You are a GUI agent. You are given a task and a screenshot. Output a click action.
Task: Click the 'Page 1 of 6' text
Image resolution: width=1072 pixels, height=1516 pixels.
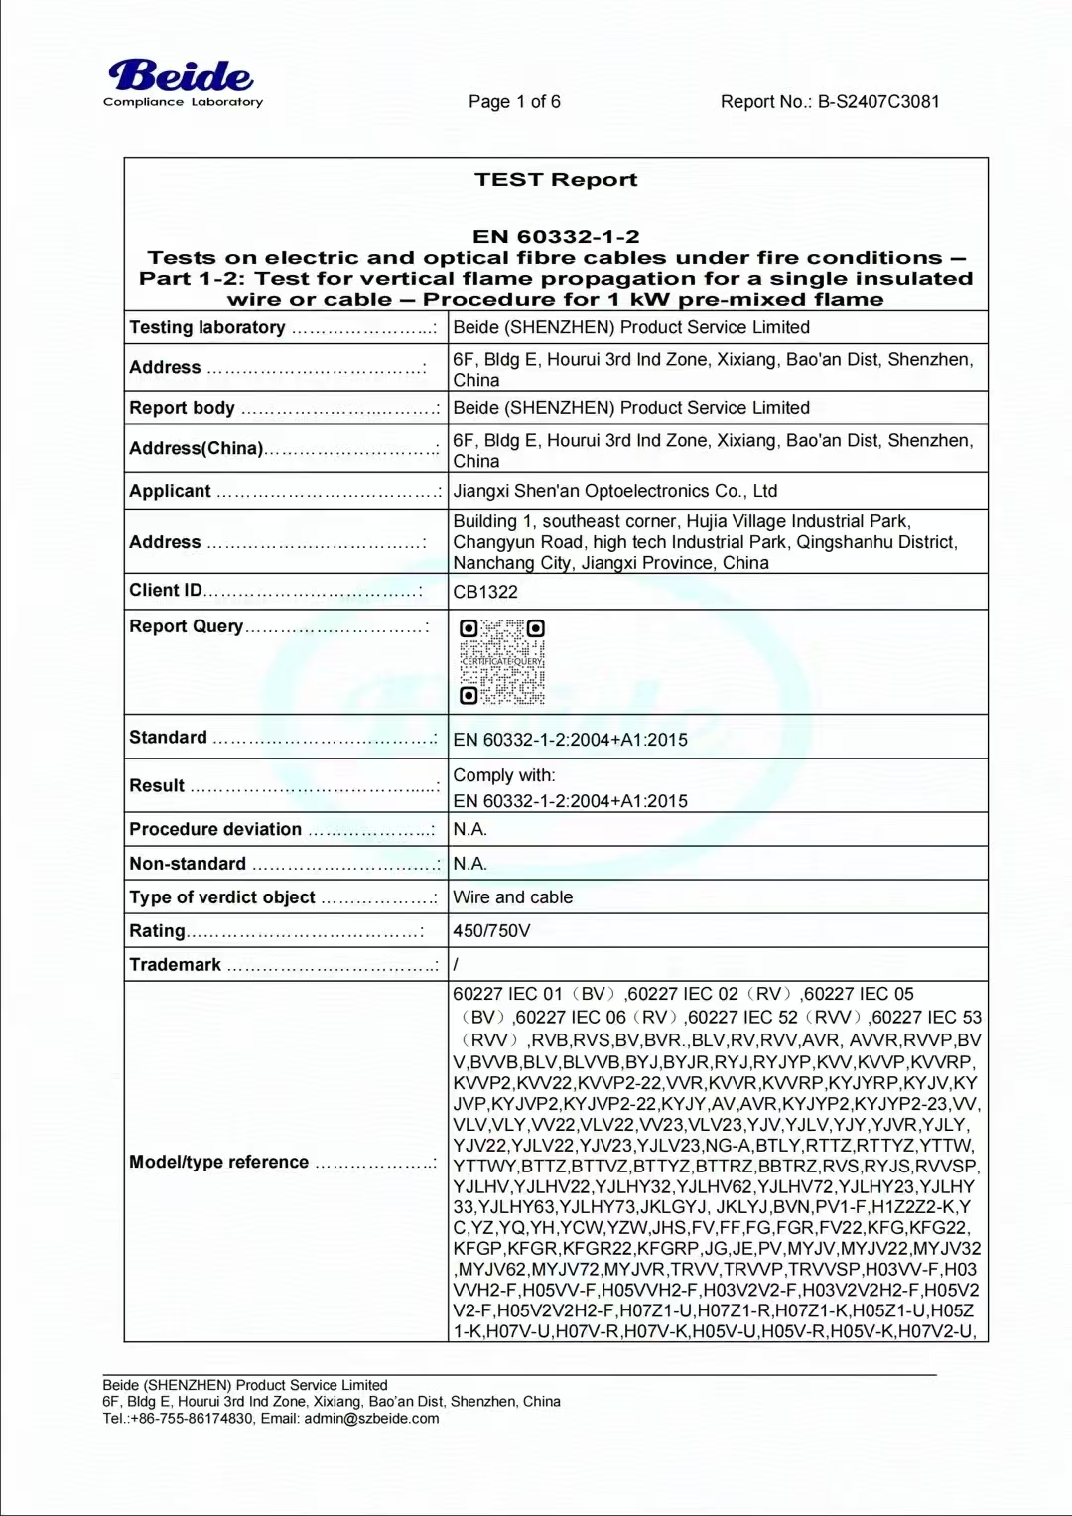pyautogui.click(x=514, y=101)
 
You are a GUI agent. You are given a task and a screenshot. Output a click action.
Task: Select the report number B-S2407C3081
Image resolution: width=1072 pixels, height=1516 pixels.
pyautogui.click(x=877, y=101)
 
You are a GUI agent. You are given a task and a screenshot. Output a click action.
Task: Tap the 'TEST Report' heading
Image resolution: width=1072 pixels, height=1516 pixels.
pyautogui.click(x=556, y=180)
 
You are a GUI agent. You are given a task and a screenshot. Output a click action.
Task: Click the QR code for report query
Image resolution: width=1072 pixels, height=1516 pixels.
pyautogui.click(x=502, y=661)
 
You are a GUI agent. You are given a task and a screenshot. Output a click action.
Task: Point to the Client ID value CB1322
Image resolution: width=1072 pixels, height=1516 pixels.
pyautogui.click(x=485, y=592)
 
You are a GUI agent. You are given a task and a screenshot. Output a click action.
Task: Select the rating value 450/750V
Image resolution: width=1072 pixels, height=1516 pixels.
pyautogui.click(x=491, y=931)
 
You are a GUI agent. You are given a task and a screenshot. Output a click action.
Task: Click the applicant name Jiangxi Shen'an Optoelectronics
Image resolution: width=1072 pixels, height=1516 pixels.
pyautogui.click(x=614, y=491)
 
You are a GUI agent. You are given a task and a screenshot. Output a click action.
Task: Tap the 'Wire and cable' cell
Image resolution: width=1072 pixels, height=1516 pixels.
pyautogui.click(x=512, y=897)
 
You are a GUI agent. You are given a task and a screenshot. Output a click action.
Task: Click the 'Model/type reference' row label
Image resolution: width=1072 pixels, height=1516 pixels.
pyautogui.click(x=219, y=1162)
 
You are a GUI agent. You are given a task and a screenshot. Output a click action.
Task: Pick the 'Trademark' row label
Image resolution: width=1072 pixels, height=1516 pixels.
pyautogui.click(x=176, y=965)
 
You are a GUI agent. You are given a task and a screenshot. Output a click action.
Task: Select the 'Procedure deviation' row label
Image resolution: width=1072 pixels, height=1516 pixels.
pyautogui.click(x=215, y=829)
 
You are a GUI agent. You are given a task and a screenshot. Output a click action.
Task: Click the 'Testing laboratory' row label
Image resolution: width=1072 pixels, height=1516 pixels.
pyautogui.click(x=207, y=327)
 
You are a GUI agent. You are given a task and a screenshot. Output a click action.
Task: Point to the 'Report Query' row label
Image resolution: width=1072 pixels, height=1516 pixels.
pyautogui.click(x=187, y=626)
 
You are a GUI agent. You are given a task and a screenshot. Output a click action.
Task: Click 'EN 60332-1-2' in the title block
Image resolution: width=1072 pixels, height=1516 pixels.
pyautogui.click(x=556, y=236)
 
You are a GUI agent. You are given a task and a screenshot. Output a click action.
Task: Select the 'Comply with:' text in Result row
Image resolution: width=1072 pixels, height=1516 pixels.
pyautogui.click(x=504, y=775)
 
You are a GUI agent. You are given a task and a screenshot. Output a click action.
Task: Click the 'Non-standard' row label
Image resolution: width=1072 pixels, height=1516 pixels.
pyautogui.click(x=188, y=864)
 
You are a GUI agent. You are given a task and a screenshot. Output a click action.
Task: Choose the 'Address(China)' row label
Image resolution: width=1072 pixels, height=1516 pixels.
pyautogui.click(x=197, y=448)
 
